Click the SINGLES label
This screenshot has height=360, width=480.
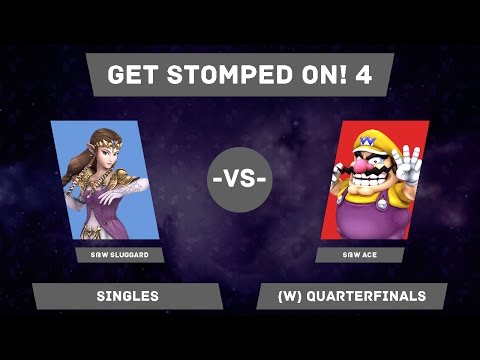pos(127,297)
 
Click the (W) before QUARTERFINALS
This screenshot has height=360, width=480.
pos(279,297)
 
